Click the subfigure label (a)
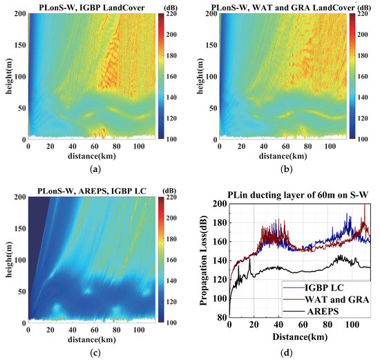click(91, 168)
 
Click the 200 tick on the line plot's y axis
click(220, 204)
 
